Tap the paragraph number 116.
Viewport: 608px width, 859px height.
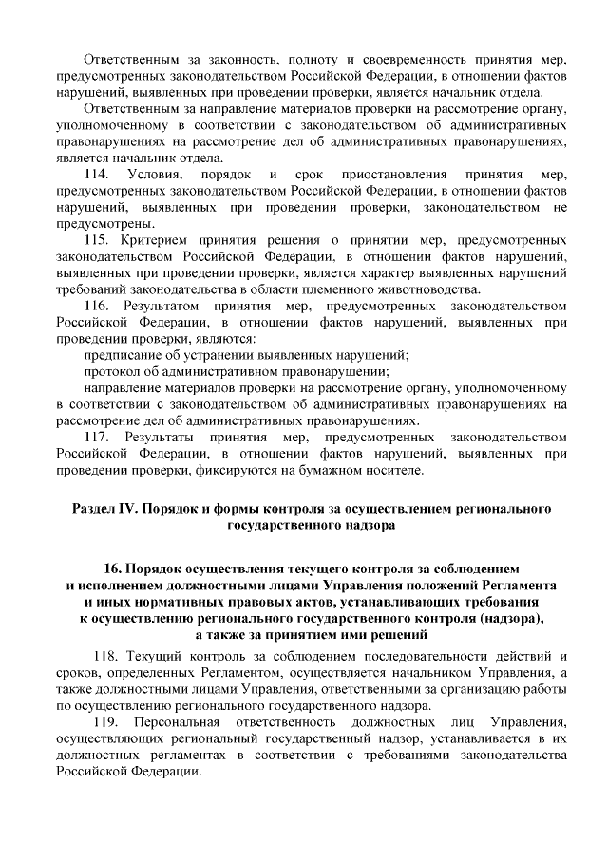click(98, 307)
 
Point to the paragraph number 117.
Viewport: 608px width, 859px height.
click(98, 436)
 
